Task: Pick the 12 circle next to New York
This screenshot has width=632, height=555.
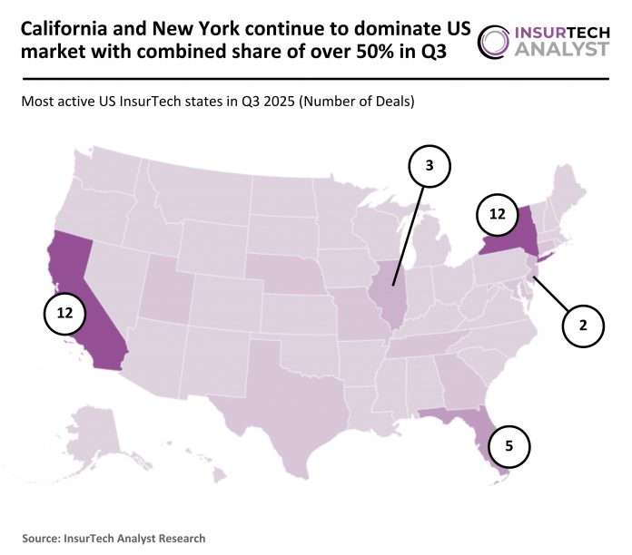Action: tap(496, 214)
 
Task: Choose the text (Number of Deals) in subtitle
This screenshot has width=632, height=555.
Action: tap(360, 102)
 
